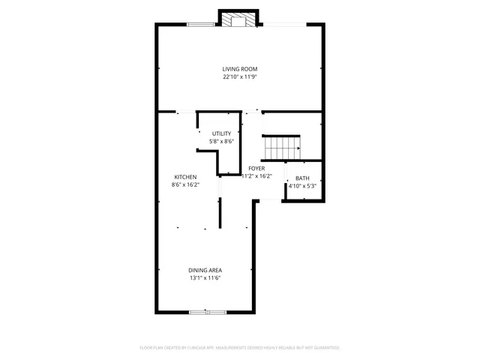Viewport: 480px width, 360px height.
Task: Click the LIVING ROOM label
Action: pos(239,69)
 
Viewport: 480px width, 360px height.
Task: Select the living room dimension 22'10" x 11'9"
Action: pos(239,76)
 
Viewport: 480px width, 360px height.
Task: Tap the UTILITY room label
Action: pos(221,133)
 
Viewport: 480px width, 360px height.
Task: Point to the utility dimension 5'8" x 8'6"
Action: pos(221,141)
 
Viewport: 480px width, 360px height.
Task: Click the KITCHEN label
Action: pos(186,177)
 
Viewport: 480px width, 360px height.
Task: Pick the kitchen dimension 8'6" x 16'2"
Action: pos(186,184)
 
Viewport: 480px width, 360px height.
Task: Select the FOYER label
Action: pos(256,169)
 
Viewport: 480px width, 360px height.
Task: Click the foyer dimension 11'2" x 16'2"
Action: pos(256,176)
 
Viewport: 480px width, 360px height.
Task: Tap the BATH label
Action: pos(302,178)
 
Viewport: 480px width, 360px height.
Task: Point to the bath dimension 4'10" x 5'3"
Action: pos(302,186)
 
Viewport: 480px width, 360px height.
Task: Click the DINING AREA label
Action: pos(205,270)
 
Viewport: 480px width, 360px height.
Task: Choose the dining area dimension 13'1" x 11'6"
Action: pos(205,277)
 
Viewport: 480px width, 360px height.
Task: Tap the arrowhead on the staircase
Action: pos(298,148)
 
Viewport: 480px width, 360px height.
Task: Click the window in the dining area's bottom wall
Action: pos(208,311)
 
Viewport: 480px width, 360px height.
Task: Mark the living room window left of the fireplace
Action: pos(201,25)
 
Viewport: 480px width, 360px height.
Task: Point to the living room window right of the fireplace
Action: pos(283,25)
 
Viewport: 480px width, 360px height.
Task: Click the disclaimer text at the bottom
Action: pos(240,348)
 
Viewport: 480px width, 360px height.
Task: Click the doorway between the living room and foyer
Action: pos(252,112)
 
